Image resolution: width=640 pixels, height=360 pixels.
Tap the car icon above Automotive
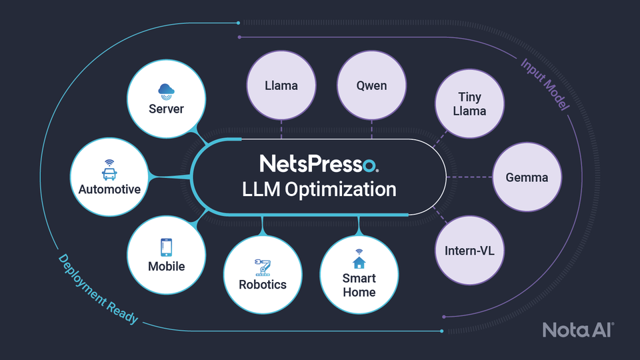coord(109,170)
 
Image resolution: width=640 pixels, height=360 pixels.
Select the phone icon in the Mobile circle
coord(166,247)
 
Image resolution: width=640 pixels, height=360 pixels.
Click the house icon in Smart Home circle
coord(359,259)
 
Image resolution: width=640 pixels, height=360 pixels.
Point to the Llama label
coord(281,85)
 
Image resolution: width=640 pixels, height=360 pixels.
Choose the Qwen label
coord(371,85)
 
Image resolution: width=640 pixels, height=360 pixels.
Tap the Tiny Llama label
coord(469,104)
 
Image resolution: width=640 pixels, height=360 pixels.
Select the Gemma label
coord(527,177)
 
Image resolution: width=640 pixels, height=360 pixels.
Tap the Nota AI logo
coord(577,329)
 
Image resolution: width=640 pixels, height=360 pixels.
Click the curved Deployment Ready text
coord(97,289)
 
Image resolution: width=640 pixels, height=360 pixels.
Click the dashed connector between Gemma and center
coord(469,177)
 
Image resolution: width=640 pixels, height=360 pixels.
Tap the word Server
coord(165,109)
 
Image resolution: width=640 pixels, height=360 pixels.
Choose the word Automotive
coord(109,189)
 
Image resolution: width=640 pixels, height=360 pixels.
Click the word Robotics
coord(263,285)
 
